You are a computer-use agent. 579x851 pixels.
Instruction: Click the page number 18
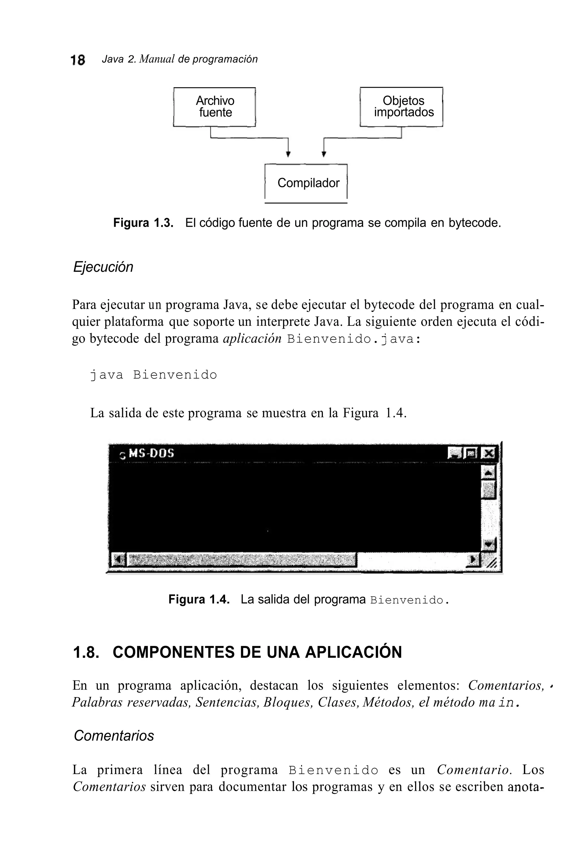coord(77,60)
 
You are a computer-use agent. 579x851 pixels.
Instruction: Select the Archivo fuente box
coord(215,107)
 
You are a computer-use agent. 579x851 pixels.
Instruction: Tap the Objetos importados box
coord(401,107)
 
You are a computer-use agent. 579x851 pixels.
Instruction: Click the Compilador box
coord(306,183)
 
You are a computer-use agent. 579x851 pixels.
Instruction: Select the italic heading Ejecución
coord(103,267)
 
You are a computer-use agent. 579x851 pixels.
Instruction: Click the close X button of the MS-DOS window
coord(488,454)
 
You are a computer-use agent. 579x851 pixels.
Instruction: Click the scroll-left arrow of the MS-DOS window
coord(118,559)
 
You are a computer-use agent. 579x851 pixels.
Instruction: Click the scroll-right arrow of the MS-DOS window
coord(474,559)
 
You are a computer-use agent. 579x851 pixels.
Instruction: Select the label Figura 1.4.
coord(199,600)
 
